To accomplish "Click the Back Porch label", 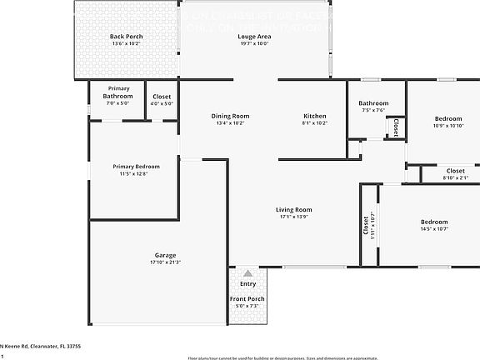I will (x=127, y=37).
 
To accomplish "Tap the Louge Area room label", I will (x=253, y=37).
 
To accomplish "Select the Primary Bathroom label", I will (x=117, y=92).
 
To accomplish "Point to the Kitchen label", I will (x=314, y=116).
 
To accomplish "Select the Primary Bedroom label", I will (x=136, y=167).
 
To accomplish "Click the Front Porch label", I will (x=247, y=299).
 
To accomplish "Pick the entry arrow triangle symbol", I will (x=247, y=272).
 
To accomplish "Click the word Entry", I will (x=247, y=284).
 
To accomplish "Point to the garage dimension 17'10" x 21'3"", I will (x=165, y=262).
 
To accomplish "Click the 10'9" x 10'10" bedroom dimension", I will (x=447, y=126).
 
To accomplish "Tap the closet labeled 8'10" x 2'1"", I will (x=455, y=177).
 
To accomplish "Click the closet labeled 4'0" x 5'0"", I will (x=162, y=104).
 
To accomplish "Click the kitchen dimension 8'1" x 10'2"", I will (x=314, y=123).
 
